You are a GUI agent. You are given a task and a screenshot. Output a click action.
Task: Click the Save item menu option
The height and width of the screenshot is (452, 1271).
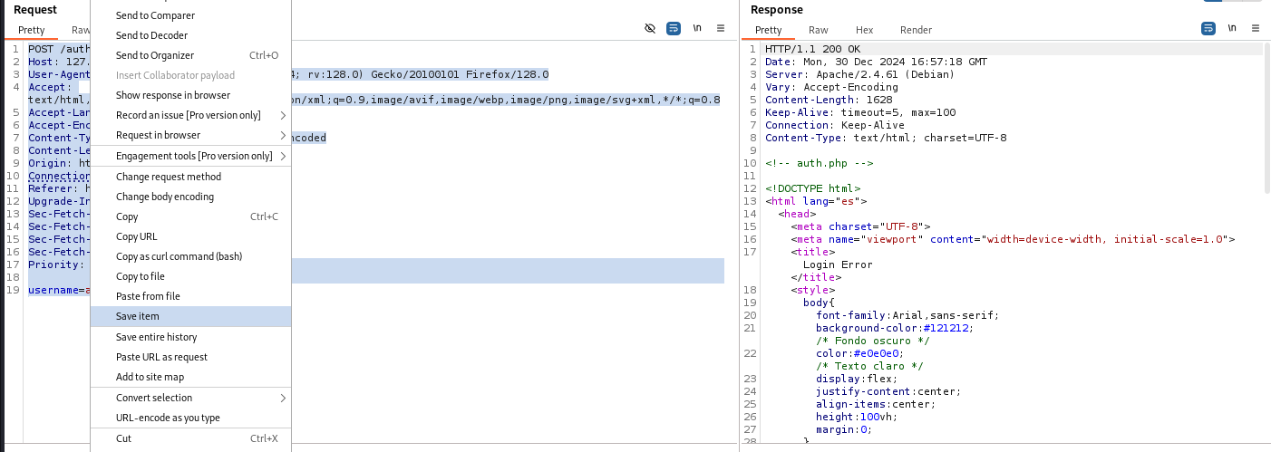(x=137, y=316)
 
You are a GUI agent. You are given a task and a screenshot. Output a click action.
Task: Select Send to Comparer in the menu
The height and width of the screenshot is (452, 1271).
(x=155, y=15)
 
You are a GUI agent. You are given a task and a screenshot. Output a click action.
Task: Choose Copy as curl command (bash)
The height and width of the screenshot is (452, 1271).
(x=179, y=256)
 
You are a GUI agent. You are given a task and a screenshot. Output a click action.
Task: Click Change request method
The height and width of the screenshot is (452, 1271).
(x=169, y=177)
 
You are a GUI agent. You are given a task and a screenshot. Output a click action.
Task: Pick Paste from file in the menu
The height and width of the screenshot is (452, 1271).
(x=148, y=296)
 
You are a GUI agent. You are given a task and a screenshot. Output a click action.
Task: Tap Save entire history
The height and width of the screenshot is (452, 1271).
(x=156, y=337)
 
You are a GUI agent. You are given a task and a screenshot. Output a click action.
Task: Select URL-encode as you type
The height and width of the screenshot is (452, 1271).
(x=168, y=418)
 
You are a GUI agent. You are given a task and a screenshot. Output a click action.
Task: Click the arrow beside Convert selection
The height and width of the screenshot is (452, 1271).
(x=283, y=399)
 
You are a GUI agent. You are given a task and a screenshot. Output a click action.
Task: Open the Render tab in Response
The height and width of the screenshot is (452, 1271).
(x=916, y=30)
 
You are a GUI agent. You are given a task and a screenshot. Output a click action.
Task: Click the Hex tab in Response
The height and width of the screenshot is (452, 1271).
(x=864, y=30)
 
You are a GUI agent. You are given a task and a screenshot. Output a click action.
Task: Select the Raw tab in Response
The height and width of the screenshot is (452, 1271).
(x=819, y=30)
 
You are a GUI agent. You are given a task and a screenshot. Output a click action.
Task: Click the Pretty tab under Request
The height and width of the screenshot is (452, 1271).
(x=31, y=30)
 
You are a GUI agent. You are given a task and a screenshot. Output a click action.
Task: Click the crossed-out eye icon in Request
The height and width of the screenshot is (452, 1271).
(x=650, y=28)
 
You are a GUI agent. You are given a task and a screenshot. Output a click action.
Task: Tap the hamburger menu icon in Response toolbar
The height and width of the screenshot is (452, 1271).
(x=1255, y=28)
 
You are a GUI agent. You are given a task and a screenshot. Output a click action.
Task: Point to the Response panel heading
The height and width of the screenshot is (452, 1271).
(x=776, y=10)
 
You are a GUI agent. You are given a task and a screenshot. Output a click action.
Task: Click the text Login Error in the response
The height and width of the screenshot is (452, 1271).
(x=838, y=264)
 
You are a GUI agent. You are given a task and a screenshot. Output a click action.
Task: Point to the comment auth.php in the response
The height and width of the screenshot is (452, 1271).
(x=819, y=163)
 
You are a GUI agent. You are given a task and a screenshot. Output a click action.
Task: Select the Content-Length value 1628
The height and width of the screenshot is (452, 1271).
(x=879, y=100)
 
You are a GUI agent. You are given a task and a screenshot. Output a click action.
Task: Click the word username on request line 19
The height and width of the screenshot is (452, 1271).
(x=53, y=291)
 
